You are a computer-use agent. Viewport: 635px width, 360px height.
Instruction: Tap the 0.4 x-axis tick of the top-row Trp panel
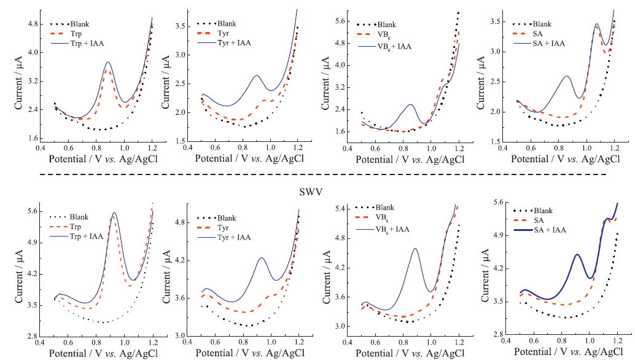tap(40, 147)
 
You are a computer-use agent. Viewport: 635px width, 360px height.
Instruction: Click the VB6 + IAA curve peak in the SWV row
tap(416, 248)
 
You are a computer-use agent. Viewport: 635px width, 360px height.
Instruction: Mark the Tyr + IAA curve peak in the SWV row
tap(262, 257)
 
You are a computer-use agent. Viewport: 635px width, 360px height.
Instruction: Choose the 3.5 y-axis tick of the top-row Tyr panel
tap(182, 26)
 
